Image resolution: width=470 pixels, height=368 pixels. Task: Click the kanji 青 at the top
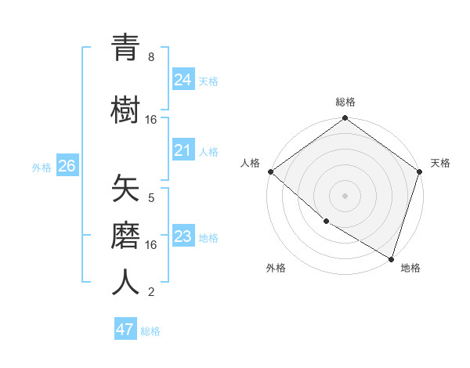[125, 49]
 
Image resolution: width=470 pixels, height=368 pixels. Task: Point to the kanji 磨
[125, 235]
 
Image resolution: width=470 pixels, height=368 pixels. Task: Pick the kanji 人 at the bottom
[125, 282]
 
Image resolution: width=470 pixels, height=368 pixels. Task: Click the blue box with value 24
[183, 80]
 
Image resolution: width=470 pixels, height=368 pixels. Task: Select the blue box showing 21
[183, 150]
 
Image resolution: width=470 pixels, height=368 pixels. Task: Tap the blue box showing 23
[183, 236]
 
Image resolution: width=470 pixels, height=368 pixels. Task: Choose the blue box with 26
[67, 165]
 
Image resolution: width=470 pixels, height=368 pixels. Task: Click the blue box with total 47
[125, 330]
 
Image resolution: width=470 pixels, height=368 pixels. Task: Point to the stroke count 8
[151, 57]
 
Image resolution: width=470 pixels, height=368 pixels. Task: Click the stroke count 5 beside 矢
[151, 198]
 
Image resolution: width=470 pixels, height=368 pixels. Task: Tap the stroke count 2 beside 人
[151, 292]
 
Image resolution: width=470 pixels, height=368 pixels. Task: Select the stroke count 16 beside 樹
[151, 120]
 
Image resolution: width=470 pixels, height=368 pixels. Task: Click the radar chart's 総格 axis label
[345, 102]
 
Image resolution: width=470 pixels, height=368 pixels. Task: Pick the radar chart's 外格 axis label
[276, 269]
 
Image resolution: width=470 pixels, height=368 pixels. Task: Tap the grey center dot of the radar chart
[345, 195]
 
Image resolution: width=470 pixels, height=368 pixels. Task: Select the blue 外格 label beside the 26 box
[42, 167]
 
